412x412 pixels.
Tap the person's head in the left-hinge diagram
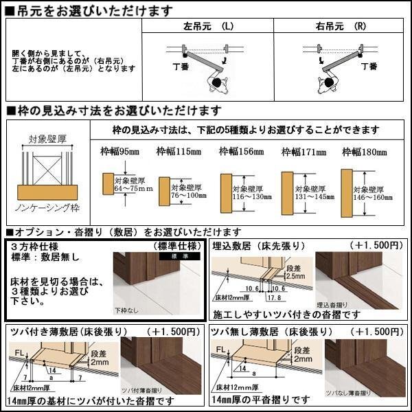point(218,83)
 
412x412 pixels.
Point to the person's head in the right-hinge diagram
point(328,83)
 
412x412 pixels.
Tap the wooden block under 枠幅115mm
point(164,190)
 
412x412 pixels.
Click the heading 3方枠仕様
point(34,246)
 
